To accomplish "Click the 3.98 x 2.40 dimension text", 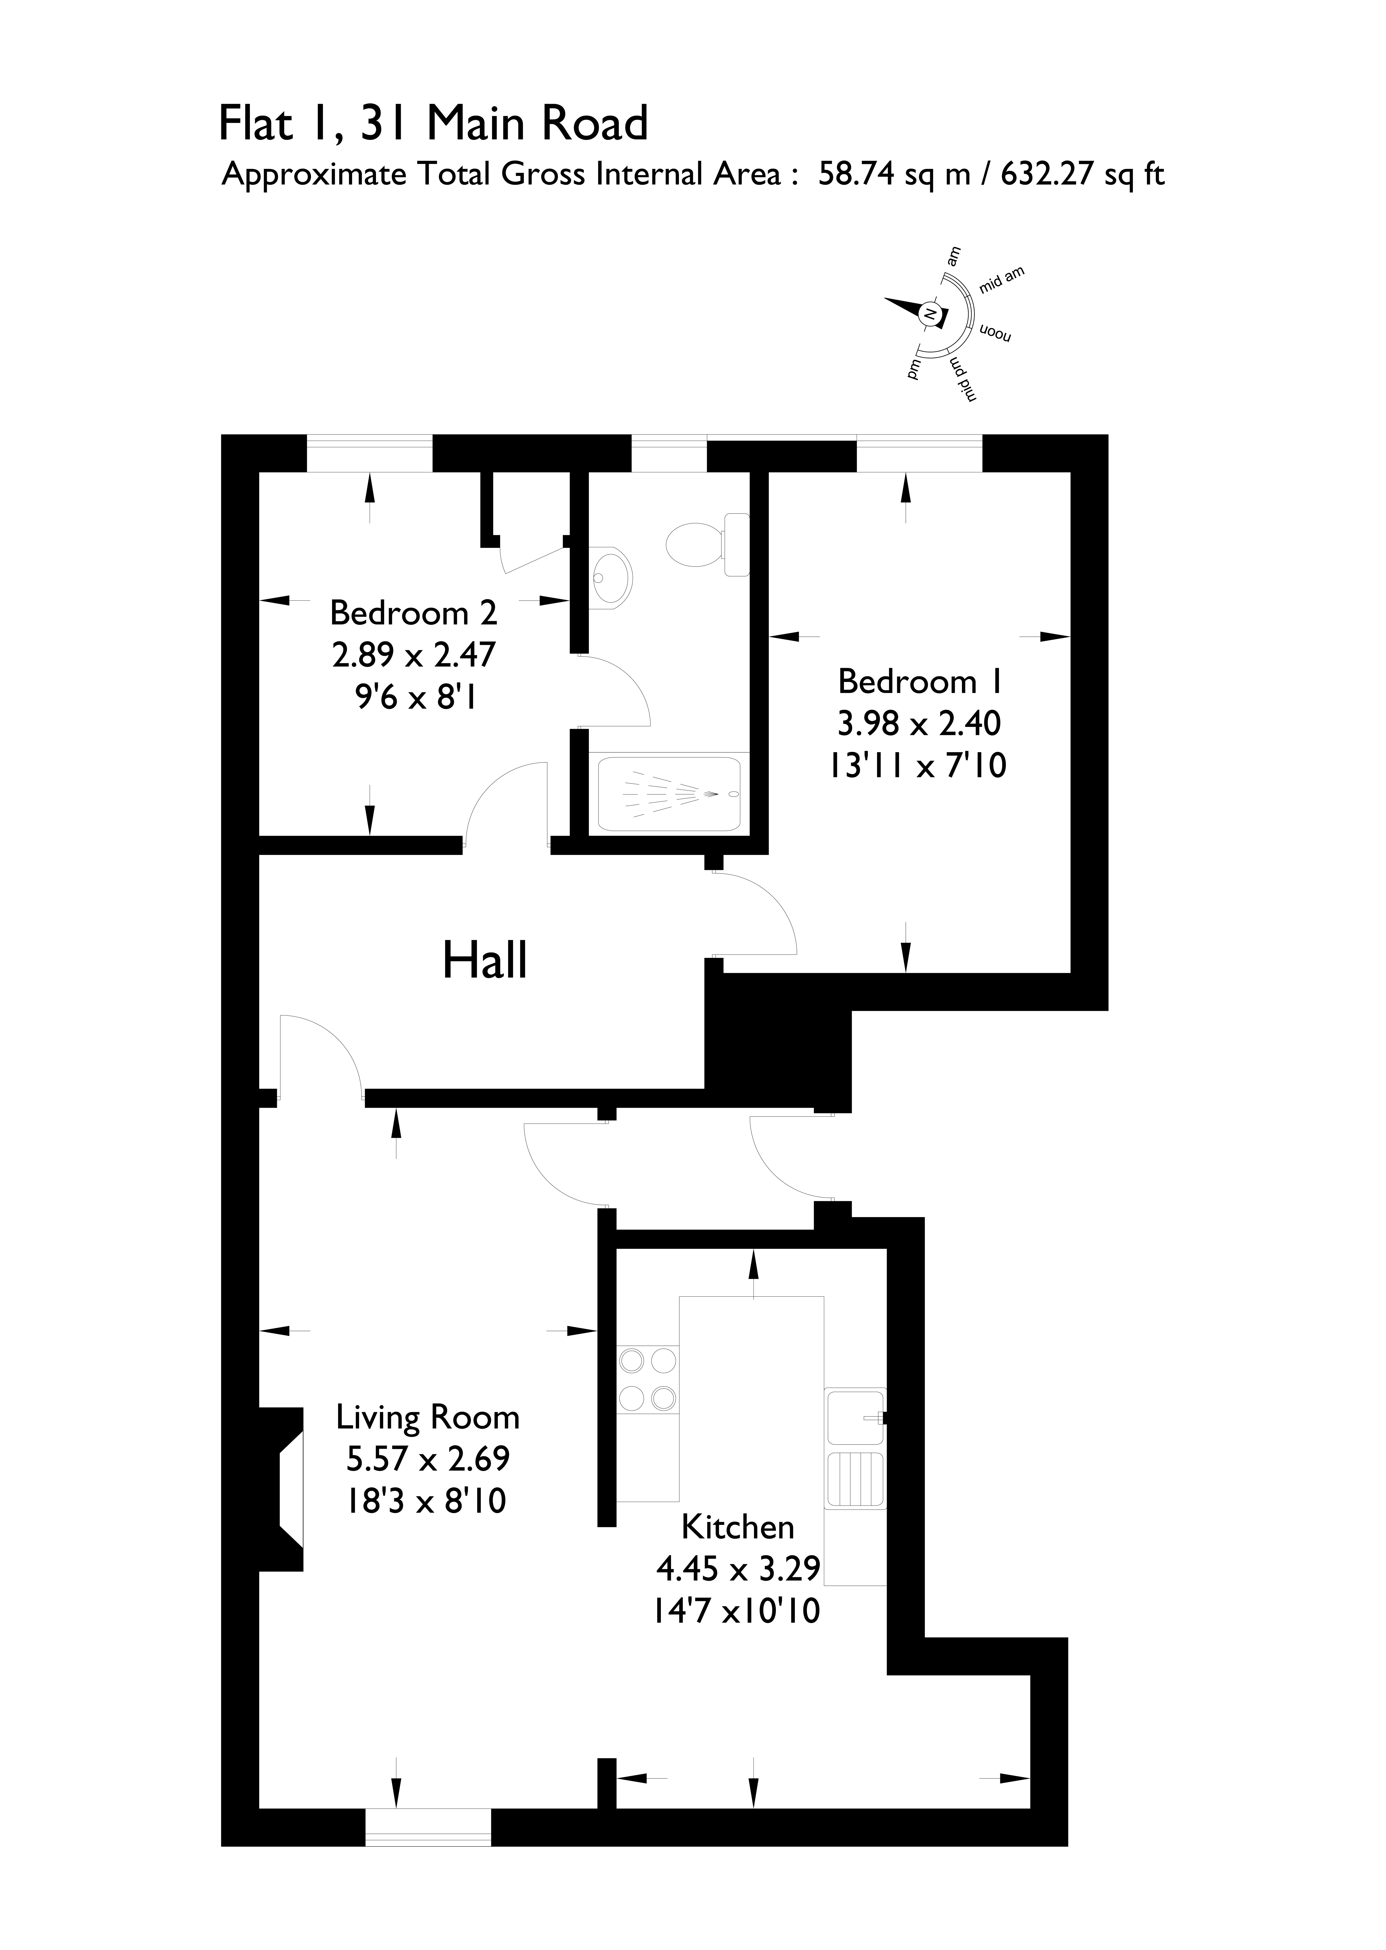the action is click(919, 724).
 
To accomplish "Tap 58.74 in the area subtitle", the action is click(856, 174).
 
